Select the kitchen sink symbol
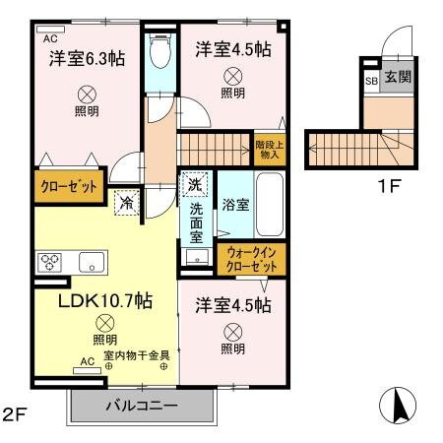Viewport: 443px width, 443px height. pos(93,262)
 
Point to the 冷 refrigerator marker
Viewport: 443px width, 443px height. pos(127,203)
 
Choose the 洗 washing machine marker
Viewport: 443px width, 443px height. pos(194,184)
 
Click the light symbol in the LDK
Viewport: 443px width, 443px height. pos(104,323)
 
